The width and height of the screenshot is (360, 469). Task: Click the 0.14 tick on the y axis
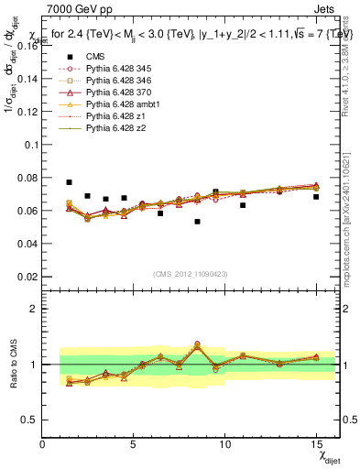(x=27, y=79)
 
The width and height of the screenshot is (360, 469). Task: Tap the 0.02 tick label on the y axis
(x=27, y=277)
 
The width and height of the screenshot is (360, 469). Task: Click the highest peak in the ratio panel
(x=197, y=344)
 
